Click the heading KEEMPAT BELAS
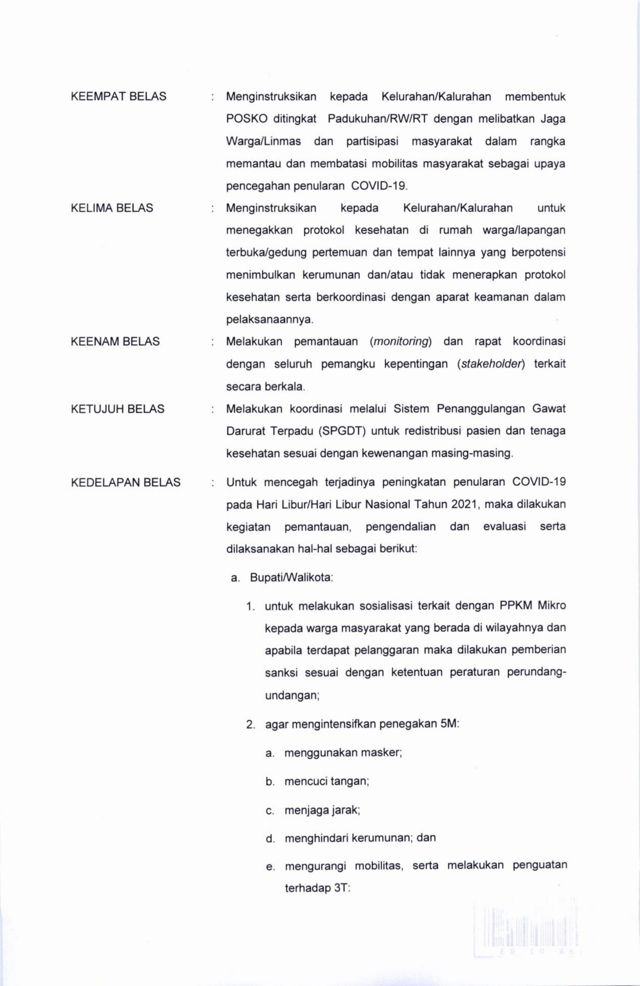pyautogui.click(x=119, y=97)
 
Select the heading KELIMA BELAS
pyautogui.click(x=112, y=208)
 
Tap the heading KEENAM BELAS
pyautogui.click(x=115, y=341)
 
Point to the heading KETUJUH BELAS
pyautogui.click(x=118, y=409)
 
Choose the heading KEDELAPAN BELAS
pyautogui.click(x=126, y=482)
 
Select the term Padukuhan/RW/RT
pyautogui.click(x=377, y=119)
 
